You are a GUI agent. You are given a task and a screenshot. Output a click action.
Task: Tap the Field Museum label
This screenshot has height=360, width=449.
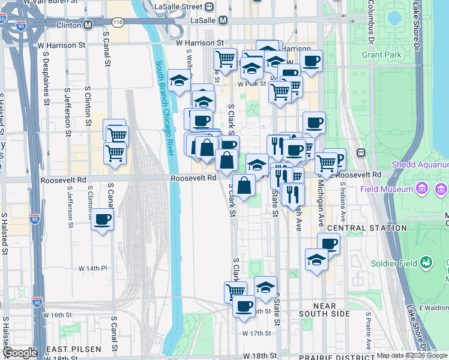point(387,190)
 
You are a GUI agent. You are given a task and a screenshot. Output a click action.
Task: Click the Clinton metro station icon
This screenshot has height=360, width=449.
point(88,25)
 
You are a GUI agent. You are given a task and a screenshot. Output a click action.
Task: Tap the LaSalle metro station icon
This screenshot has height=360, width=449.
point(223,20)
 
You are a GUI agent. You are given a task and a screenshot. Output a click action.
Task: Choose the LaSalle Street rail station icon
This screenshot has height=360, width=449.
point(209,7)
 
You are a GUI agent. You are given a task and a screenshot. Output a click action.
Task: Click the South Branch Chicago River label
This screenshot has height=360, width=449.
point(165,108)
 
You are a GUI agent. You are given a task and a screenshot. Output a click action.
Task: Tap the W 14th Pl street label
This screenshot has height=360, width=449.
point(91,268)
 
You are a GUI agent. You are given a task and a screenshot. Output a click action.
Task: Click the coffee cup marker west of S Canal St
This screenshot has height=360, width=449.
point(103,220)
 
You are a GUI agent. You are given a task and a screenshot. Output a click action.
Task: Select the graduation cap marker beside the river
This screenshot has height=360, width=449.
point(179,81)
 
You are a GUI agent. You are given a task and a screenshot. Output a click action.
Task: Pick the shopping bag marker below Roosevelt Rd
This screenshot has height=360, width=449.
point(244,186)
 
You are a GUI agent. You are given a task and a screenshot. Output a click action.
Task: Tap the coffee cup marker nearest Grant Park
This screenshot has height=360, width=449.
point(311,61)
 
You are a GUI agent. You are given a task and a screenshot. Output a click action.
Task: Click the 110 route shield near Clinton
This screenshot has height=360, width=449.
point(118,22)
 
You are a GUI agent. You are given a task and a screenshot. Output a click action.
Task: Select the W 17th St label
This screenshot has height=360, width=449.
point(257,333)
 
